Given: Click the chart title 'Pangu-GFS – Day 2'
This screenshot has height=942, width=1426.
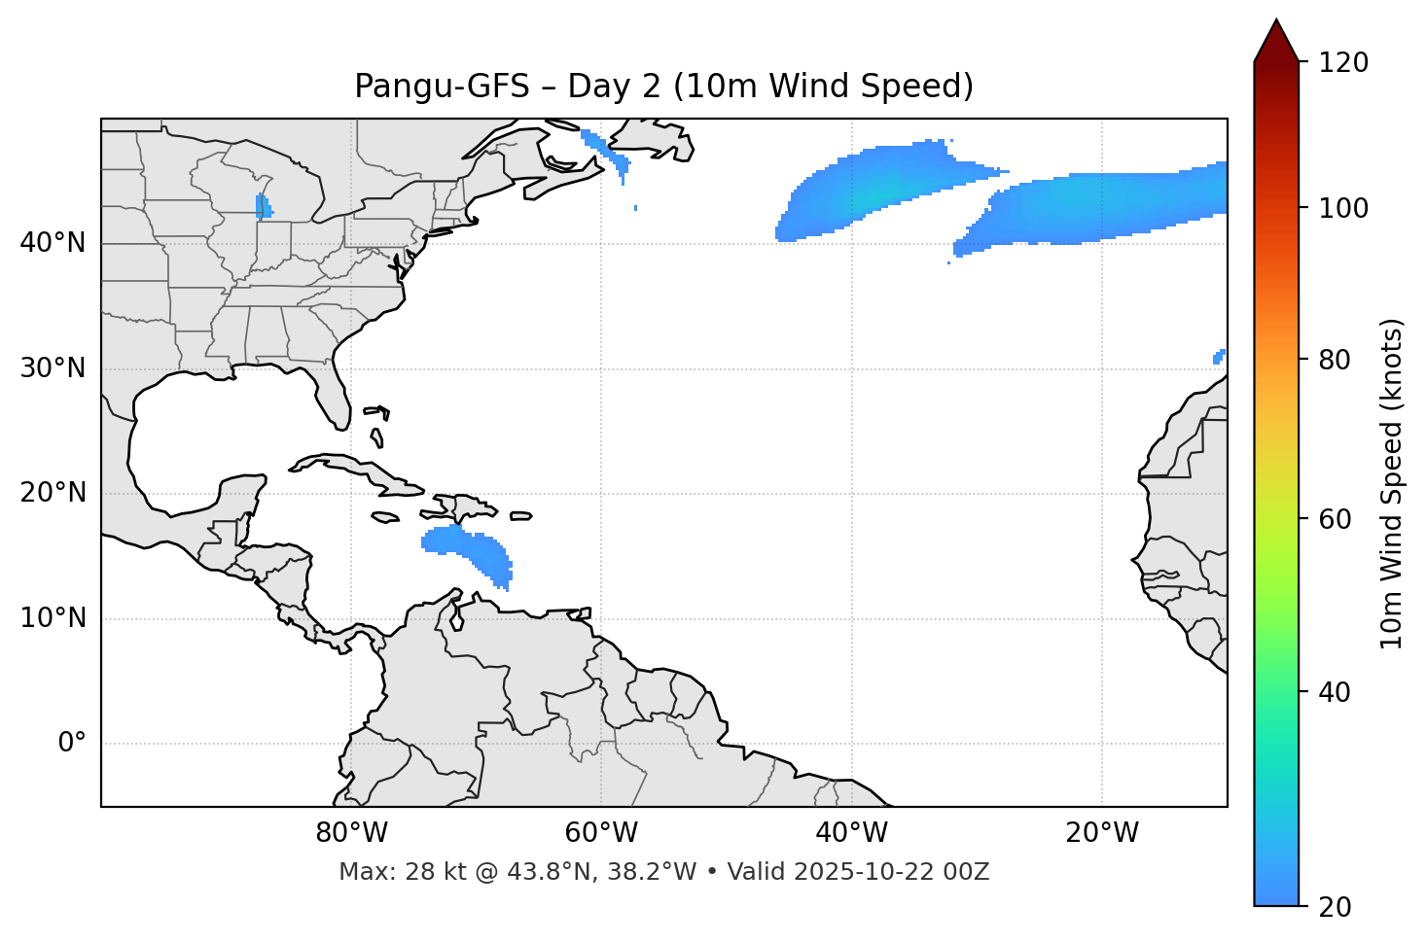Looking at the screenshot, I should pyautogui.click(x=663, y=87).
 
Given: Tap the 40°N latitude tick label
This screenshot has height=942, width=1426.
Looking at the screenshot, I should pyautogui.click(x=53, y=243).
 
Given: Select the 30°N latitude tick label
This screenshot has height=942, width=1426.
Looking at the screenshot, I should pyautogui.click(x=53, y=368).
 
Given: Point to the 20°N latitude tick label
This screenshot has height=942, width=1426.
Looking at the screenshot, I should pyautogui.click(x=53, y=493).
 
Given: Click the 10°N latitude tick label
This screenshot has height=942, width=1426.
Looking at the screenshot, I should pyautogui.click(x=53, y=618).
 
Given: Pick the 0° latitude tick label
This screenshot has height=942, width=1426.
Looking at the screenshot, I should pyautogui.click(x=72, y=744).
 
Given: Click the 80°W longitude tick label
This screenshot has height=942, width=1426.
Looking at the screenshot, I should pyautogui.click(x=351, y=833).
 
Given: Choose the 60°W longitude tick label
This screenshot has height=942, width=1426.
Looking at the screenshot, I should pyautogui.click(x=601, y=833).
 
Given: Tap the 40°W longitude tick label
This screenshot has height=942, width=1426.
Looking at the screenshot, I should pyautogui.click(x=851, y=833).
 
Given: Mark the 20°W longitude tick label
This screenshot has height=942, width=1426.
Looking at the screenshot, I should pyautogui.click(x=1101, y=833).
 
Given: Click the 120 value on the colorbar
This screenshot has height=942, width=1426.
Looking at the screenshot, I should pyautogui.click(x=1342, y=63).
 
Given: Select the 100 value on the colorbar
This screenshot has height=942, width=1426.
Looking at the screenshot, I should pyautogui.click(x=1342, y=208).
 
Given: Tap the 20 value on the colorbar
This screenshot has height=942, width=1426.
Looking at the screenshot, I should pyautogui.click(x=1336, y=907).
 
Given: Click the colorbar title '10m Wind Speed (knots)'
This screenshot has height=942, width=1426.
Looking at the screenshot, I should pyautogui.click(x=1392, y=484).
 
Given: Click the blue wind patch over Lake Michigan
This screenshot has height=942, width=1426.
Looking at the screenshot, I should pyautogui.click(x=263, y=207).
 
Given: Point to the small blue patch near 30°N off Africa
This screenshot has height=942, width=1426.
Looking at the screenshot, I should pyautogui.click(x=1219, y=357).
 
